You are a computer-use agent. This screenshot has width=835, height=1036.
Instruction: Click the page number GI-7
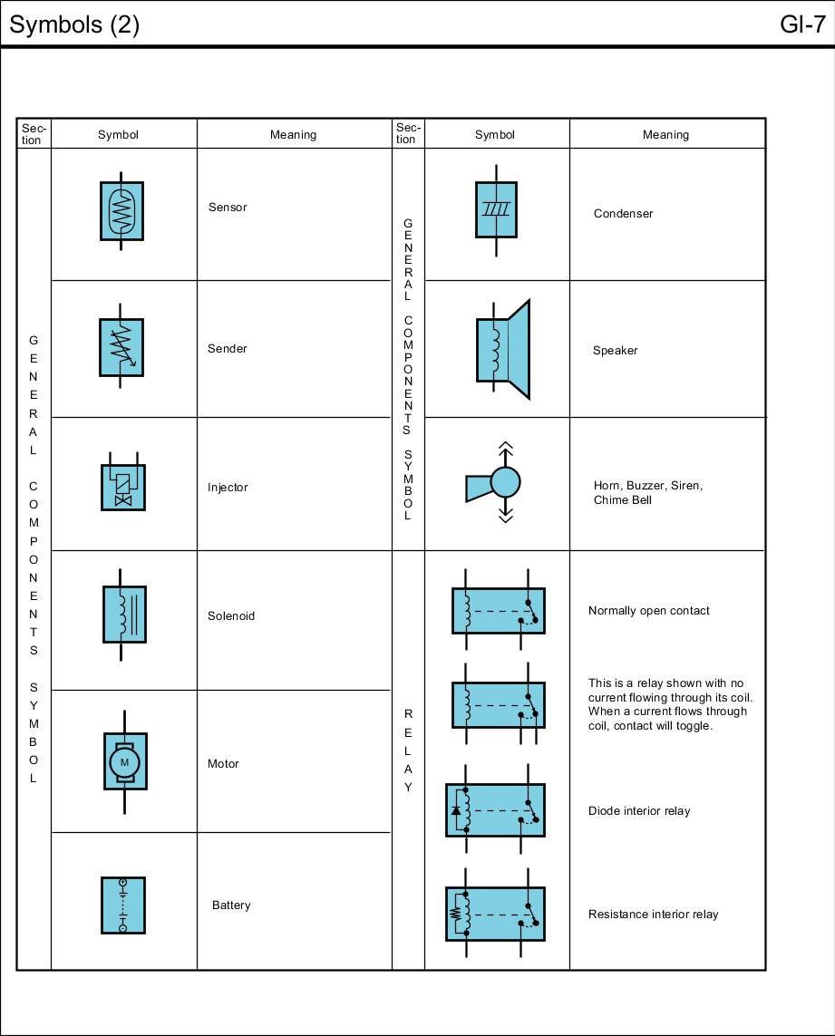coord(801,24)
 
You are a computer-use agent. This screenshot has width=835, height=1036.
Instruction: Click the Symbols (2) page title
coord(74,24)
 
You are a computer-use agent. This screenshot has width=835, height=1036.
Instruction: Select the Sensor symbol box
coord(121,211)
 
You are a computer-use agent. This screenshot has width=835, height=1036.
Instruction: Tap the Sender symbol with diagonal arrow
coord(121,347)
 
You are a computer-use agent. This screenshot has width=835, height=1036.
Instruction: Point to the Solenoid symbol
coord(124,615)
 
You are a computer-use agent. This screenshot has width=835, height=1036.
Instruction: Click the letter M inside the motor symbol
coord(124,762)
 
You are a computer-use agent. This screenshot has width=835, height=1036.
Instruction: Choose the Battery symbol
coord(122,905)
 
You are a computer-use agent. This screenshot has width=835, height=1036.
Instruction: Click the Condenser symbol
coord(496,209)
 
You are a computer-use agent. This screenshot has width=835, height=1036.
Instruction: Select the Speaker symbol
coord(502,349)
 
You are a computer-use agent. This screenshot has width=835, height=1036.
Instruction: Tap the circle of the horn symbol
coord(505,482)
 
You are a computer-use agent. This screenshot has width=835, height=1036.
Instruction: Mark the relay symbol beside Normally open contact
coord(498,610)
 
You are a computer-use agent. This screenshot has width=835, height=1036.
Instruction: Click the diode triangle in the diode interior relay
coord(455,810)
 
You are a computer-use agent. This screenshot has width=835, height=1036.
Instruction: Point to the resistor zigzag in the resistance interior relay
coord(455,914)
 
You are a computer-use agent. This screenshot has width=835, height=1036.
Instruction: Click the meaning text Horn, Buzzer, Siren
coord(647,486)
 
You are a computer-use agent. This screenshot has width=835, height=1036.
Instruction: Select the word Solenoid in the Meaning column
coord(230,615)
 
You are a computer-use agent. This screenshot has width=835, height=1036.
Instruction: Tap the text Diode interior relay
coord(638,811)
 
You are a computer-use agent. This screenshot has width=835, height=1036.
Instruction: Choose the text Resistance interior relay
coord(653,915)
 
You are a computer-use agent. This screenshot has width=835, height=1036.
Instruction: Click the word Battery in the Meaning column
coord(230,905)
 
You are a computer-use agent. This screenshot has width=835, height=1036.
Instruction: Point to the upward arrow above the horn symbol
coord(506,449)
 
